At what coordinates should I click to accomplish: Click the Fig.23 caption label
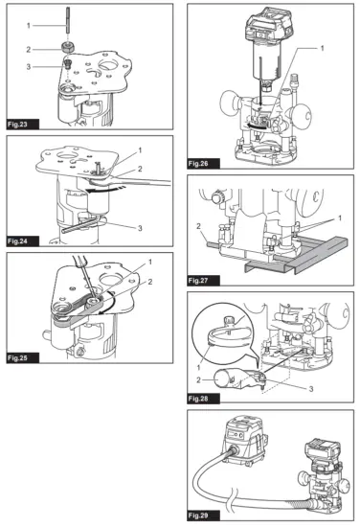18,125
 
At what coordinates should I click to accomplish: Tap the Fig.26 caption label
199,164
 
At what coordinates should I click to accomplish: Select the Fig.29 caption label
199,516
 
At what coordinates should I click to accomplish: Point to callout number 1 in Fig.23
29,25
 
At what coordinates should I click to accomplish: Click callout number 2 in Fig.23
29,50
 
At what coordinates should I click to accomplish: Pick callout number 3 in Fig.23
29,67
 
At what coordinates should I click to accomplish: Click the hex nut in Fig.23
68,47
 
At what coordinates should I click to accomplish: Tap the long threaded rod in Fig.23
68,20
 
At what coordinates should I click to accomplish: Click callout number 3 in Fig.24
140,228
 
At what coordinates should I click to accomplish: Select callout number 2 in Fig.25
150,282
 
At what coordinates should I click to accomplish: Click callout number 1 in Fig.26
323,49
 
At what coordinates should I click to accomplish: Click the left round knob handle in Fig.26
230,102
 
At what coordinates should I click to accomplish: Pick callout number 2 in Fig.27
198,226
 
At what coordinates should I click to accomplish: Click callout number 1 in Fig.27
340,218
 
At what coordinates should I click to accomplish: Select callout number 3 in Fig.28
311,388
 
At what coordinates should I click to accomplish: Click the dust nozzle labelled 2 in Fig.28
239,379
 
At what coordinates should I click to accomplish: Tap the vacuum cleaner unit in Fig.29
244,441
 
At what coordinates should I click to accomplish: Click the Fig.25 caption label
18,358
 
